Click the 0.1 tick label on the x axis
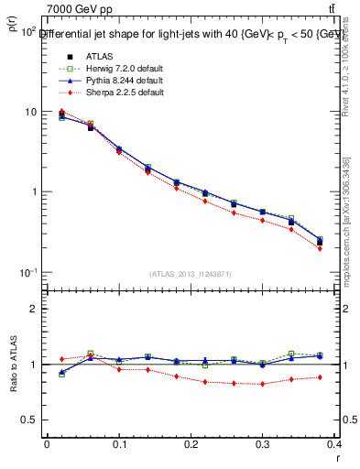tap(119, 444)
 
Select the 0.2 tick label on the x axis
tap(191, 444)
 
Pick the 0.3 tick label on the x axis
tap(264, 444)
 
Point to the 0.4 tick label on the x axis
tap(334, 444)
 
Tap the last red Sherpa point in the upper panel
tap(345, 248)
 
